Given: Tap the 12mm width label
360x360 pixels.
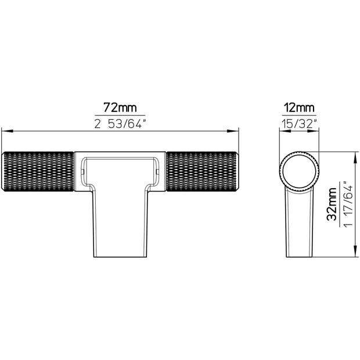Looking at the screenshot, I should tap(299, 107).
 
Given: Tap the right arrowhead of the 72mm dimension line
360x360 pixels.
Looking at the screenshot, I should tap(237, 131).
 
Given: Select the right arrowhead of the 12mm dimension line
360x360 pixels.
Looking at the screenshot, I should tap(316, 131).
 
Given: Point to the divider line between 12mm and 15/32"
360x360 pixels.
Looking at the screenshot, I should tap(299, 115).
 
